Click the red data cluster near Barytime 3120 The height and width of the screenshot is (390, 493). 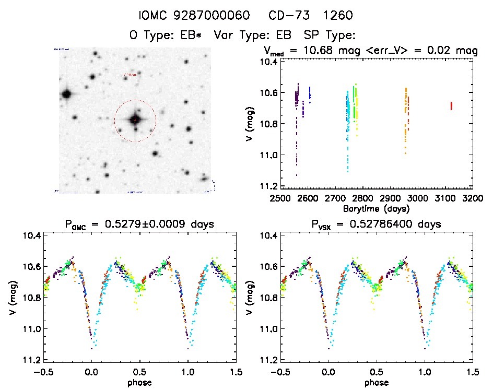coord(451,106)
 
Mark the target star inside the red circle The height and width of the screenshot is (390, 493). coord(135,120)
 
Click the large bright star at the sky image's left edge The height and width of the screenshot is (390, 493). coord(66,94)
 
